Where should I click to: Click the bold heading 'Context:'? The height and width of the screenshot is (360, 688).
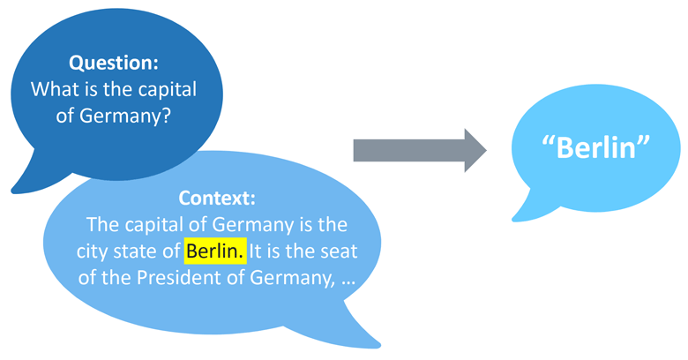[x=217, y=197]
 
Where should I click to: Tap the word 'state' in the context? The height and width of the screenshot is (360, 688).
[x=138, y=251]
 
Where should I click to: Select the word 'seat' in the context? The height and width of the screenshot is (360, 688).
[x=337, y=251]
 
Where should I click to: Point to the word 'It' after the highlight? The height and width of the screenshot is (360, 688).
[x=256, y=251]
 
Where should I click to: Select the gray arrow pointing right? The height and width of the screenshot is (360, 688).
[x=418, y=151]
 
